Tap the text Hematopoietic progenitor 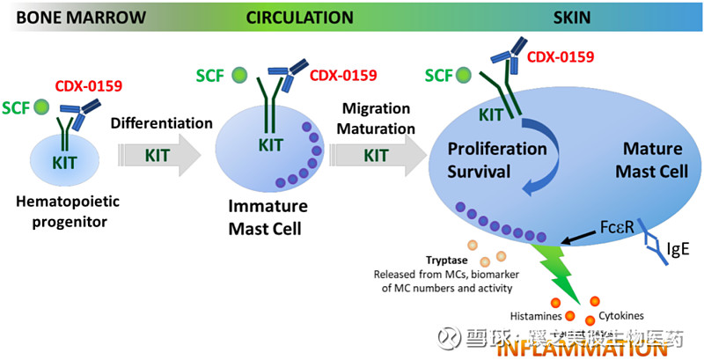(x=69, y=211)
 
